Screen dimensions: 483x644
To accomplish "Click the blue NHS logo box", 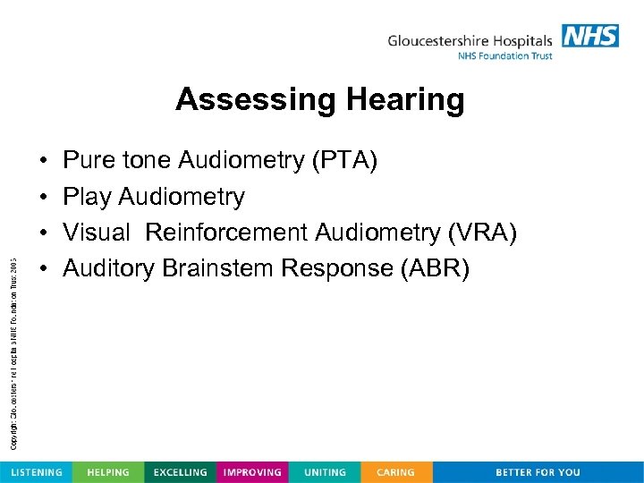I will [589, 36].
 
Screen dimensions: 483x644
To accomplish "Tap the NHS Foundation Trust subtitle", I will [505, 56].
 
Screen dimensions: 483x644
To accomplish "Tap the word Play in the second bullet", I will [87, 197].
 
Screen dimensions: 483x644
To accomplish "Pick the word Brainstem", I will [217, 268].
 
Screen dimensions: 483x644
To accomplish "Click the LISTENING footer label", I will [36, 472].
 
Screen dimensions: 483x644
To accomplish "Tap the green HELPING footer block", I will [108, 472].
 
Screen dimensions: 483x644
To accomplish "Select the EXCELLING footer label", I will [180, 472].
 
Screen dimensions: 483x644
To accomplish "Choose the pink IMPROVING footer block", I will [252, 472].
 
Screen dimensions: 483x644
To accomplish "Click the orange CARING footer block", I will [395, 472].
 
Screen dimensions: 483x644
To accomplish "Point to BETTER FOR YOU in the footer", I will [538, 472].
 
